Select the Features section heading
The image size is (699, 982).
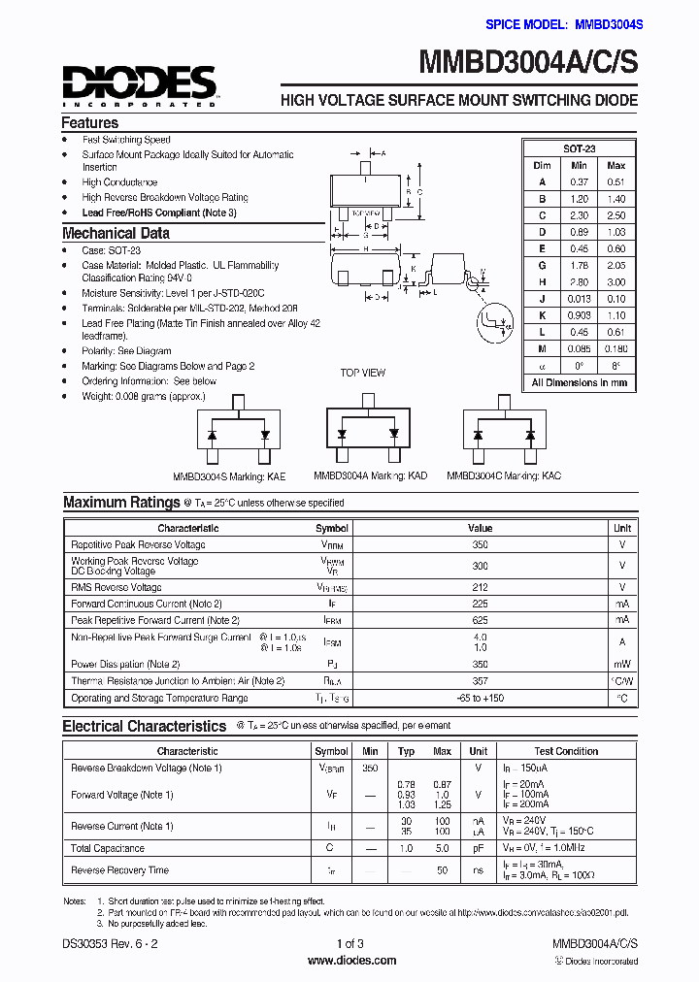point(89,123)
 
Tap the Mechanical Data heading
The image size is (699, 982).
point(116,233)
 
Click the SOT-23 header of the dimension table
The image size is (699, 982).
point(580,148)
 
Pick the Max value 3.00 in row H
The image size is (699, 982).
point(616,282)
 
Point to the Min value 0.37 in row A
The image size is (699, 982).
point(580,182)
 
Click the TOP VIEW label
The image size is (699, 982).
point(362,373)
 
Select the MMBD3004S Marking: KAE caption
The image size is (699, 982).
point(229,476)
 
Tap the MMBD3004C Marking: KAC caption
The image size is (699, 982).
point(503,476)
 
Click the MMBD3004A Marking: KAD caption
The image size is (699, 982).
point(370,476)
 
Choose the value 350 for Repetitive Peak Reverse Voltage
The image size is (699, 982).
point(480,544)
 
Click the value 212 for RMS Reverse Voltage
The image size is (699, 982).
point(480,587)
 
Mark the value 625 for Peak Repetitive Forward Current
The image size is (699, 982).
point(480,619)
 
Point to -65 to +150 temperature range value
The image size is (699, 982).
point(480,698)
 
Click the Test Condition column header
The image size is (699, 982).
point(566,751)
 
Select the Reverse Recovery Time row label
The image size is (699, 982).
point(119,870)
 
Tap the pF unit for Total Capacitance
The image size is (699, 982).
point(478,848)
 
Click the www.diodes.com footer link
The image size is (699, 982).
point(350,961)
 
